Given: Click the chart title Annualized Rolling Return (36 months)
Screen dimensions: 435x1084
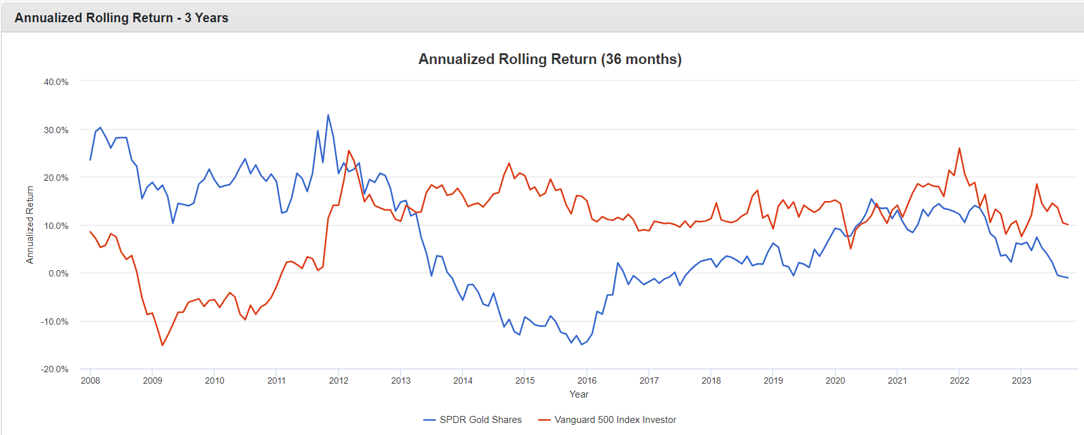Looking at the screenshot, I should [x=550, y=59].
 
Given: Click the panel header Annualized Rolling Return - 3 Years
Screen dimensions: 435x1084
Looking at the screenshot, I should [x=121, y=18].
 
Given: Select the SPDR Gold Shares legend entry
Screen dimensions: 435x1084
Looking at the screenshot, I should [x=480, y=420].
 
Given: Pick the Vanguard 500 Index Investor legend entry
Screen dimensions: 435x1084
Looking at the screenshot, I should [x=614, y=420].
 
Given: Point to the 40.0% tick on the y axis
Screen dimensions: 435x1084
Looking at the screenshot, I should [x=56, y=82].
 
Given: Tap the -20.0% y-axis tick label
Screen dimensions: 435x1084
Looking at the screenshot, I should [x=55, y=369].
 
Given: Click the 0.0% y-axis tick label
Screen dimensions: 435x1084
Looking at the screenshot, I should [x=58, y=273].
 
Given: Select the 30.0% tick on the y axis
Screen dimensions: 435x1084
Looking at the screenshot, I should [x=56, y=130].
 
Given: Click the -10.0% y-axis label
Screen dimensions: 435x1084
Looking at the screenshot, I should [x=55, y=321].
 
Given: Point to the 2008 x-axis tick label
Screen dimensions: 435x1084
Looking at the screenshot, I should [x=90, y=380].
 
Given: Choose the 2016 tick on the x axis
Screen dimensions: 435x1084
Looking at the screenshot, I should [x=587, y=380].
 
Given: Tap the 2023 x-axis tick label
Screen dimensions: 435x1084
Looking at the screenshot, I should [x=1021, y=380].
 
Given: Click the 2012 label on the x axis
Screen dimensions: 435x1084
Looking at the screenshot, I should [x=338, y=380].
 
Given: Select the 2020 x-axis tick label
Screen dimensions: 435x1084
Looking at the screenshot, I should [x=835, y=380].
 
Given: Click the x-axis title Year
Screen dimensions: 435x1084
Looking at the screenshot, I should [x=579, y=394].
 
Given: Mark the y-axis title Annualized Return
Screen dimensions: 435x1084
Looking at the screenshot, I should [x=30, y=224].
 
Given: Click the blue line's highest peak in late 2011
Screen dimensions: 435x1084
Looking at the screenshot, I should [x=328, y=115].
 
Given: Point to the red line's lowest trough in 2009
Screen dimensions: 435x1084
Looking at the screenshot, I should [x=162, y=345].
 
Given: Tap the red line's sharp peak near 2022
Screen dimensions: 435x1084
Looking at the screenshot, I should [x=959, y=148].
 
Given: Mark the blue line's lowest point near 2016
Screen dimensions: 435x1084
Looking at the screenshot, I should [x=581, y=344].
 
